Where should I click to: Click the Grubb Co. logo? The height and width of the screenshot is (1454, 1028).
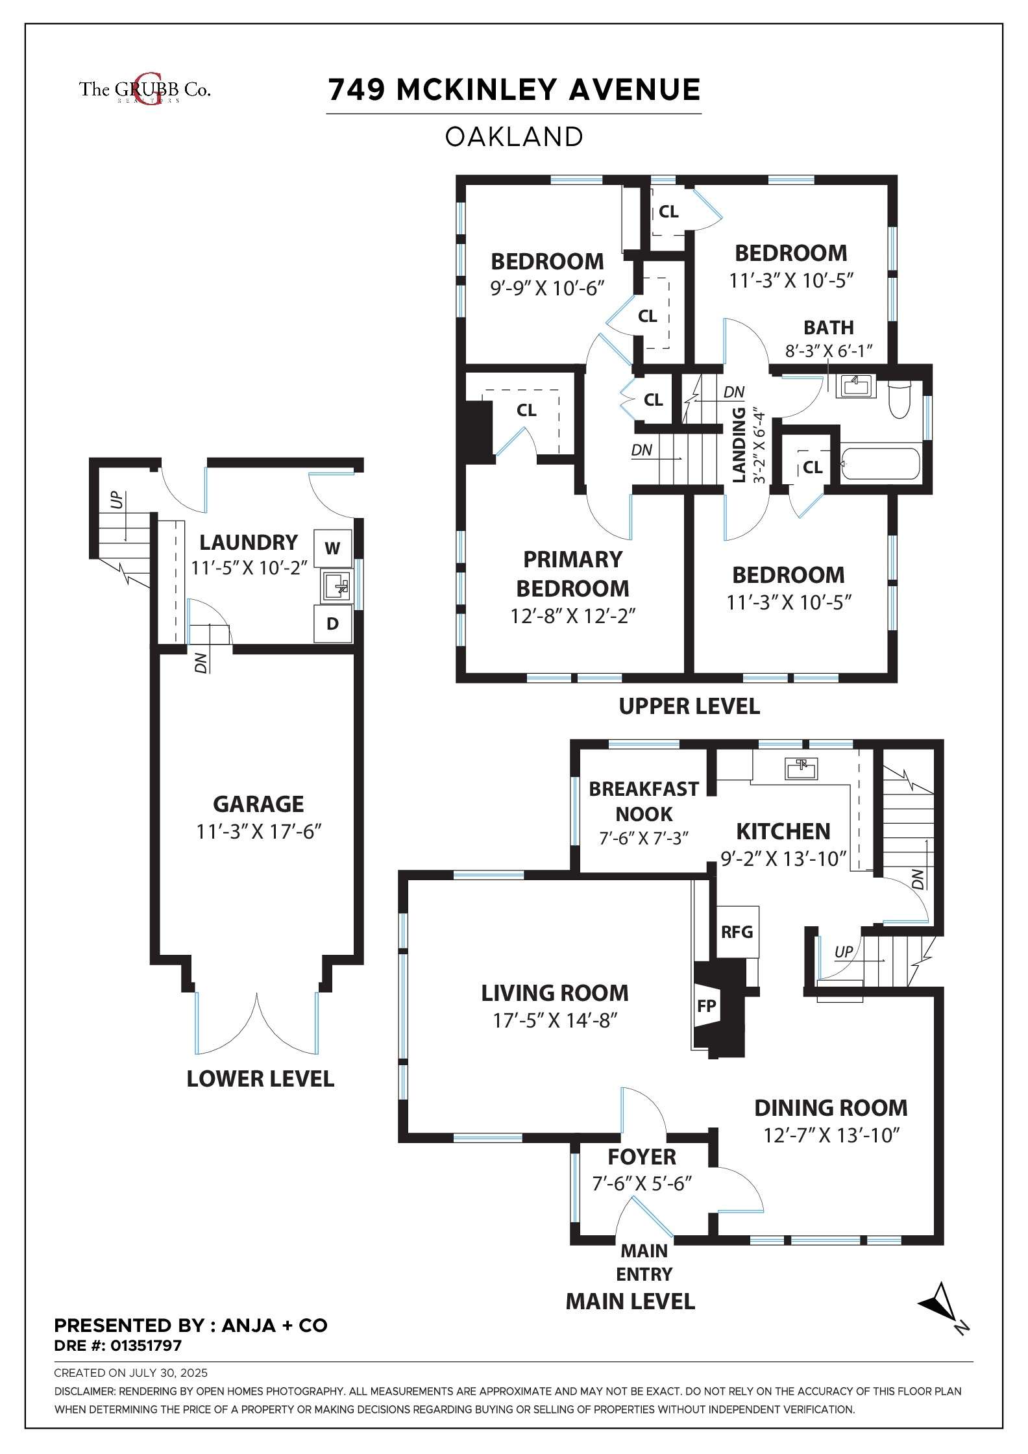(x=145, y=90)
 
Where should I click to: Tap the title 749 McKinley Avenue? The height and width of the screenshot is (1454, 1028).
(x=514, y=90)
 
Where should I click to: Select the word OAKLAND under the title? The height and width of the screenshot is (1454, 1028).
(x=514, y=137)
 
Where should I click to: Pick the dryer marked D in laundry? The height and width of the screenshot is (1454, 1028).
(x=332, y=624)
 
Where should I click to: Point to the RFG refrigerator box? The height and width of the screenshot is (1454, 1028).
(x=737, y=932)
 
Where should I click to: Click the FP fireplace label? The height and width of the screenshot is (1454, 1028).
(x=706, y=1006)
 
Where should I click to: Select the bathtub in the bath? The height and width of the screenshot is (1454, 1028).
(x=880, y=465)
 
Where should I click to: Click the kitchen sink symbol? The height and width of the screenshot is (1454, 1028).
(x=802, y=769)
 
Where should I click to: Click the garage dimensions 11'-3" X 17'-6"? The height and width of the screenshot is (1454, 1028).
(x=259, y=832)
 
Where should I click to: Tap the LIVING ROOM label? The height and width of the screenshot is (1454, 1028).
(x=555, y=993)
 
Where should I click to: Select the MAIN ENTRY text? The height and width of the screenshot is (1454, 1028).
(x=644, y=1263)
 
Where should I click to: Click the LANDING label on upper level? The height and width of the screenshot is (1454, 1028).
(x=739, y=445)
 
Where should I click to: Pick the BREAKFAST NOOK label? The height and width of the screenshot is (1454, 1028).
(x=644, y=801)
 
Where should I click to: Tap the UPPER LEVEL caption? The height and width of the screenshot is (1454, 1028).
(x=689, y=706)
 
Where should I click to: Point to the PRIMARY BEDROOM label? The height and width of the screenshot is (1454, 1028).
(x=572, y=574)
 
